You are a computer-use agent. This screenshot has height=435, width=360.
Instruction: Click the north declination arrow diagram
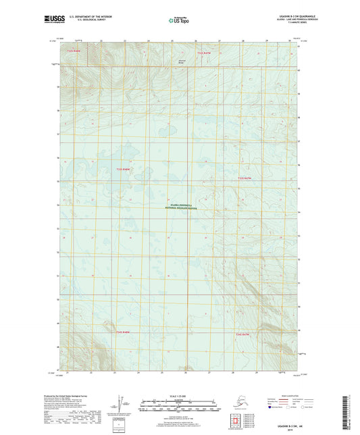119,405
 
